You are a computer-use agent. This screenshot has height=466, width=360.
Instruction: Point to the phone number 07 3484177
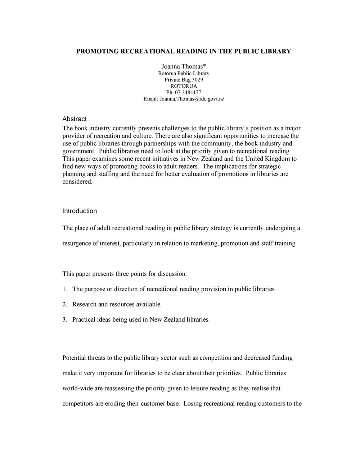point(188,92)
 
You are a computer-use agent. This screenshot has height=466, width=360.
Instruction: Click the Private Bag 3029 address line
point(184,80)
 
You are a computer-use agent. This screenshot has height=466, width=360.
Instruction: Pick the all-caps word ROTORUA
point(184,86)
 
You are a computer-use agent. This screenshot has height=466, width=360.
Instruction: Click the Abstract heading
point(75,119)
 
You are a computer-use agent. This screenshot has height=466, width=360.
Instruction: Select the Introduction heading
point(80,211)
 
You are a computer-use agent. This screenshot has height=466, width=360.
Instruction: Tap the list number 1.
point(64,289)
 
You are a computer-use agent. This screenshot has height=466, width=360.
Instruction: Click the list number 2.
point(64,304)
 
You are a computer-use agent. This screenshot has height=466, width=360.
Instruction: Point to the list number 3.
point(64,319)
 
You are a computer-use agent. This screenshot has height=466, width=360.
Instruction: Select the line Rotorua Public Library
point(184,73)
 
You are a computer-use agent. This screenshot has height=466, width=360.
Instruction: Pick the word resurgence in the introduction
point(77,243)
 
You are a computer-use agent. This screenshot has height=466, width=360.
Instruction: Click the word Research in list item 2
point(85,304)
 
